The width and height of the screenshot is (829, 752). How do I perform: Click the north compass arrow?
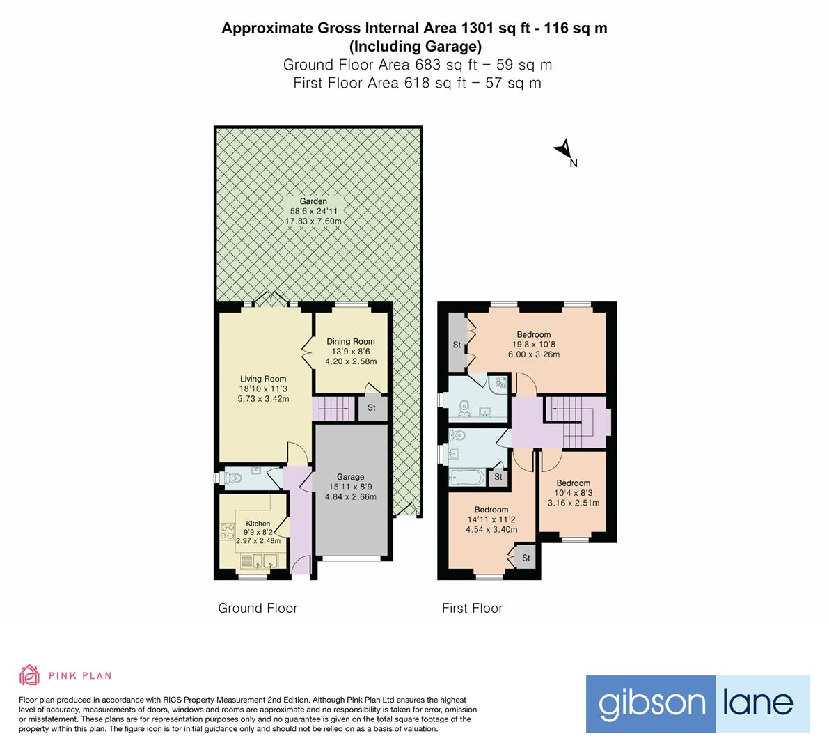(564, 150)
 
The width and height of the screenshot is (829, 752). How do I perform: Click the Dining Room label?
(351, 341)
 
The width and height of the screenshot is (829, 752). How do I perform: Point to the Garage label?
(351, 477)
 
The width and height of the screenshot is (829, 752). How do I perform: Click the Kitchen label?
(258, 524)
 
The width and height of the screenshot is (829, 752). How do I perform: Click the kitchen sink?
(259, 560)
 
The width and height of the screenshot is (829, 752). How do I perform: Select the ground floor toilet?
(232, 478)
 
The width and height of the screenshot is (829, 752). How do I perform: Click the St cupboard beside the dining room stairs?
(372, 408)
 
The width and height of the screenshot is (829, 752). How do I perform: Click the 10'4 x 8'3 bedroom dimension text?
(573, 493)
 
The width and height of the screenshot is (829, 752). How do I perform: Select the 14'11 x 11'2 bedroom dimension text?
(491, 519)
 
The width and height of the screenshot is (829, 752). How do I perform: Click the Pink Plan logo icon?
(29, 675)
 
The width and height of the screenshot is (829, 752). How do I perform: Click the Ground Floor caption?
(258, 608)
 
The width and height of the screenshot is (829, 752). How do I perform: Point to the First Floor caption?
(472, 608)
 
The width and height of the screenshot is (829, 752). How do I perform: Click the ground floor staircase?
(333, 408)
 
